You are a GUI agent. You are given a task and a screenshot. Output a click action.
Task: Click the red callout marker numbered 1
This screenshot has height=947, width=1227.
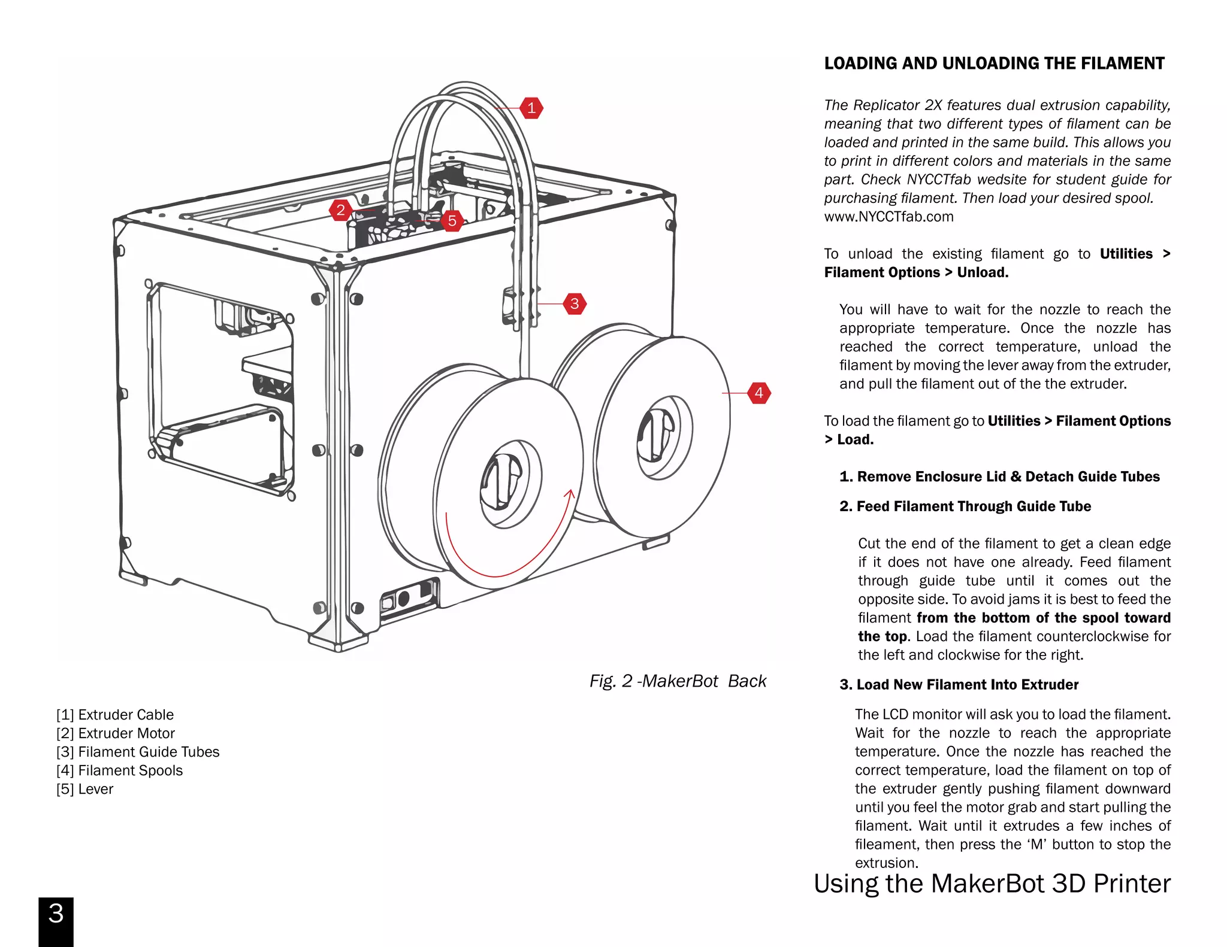[531, 108]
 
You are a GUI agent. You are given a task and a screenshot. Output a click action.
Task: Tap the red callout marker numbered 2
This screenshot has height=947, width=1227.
[340, 210]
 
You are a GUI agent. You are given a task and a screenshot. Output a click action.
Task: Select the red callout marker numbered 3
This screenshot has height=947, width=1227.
[575, 303]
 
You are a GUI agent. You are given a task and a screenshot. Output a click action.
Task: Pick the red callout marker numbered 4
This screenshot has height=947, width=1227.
[758, 393]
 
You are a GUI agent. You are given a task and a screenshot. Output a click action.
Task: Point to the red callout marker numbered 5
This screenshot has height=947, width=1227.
[452, 220]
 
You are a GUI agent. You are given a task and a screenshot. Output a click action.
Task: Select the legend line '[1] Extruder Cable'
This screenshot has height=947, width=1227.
[115, 715]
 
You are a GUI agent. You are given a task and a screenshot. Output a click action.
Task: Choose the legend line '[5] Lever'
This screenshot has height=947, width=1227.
[84, 789]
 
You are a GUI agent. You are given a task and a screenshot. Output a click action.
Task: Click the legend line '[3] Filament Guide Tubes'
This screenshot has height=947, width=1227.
[138, 752]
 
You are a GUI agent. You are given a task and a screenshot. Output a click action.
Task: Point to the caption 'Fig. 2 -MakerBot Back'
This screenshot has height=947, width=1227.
[678, 681]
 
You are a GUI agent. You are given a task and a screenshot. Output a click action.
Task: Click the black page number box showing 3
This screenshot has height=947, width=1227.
[56, 921]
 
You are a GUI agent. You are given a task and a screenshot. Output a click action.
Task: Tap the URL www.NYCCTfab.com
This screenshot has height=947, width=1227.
[888, 217]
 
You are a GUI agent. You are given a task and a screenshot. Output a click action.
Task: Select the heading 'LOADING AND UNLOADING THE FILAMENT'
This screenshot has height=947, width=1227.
[994, 63]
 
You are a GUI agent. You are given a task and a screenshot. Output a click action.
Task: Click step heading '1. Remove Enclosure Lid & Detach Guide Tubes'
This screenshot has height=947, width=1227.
[999, 476]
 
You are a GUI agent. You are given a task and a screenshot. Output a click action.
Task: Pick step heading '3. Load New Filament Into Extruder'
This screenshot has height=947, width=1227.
[959, 684]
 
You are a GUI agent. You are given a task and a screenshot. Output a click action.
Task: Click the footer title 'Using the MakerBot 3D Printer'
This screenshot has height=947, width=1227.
[992, 884]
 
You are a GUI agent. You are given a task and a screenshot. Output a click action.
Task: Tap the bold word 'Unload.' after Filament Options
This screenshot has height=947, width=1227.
[983, 272]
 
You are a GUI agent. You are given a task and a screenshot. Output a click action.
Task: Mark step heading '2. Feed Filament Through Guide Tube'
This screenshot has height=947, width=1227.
[965, 506]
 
